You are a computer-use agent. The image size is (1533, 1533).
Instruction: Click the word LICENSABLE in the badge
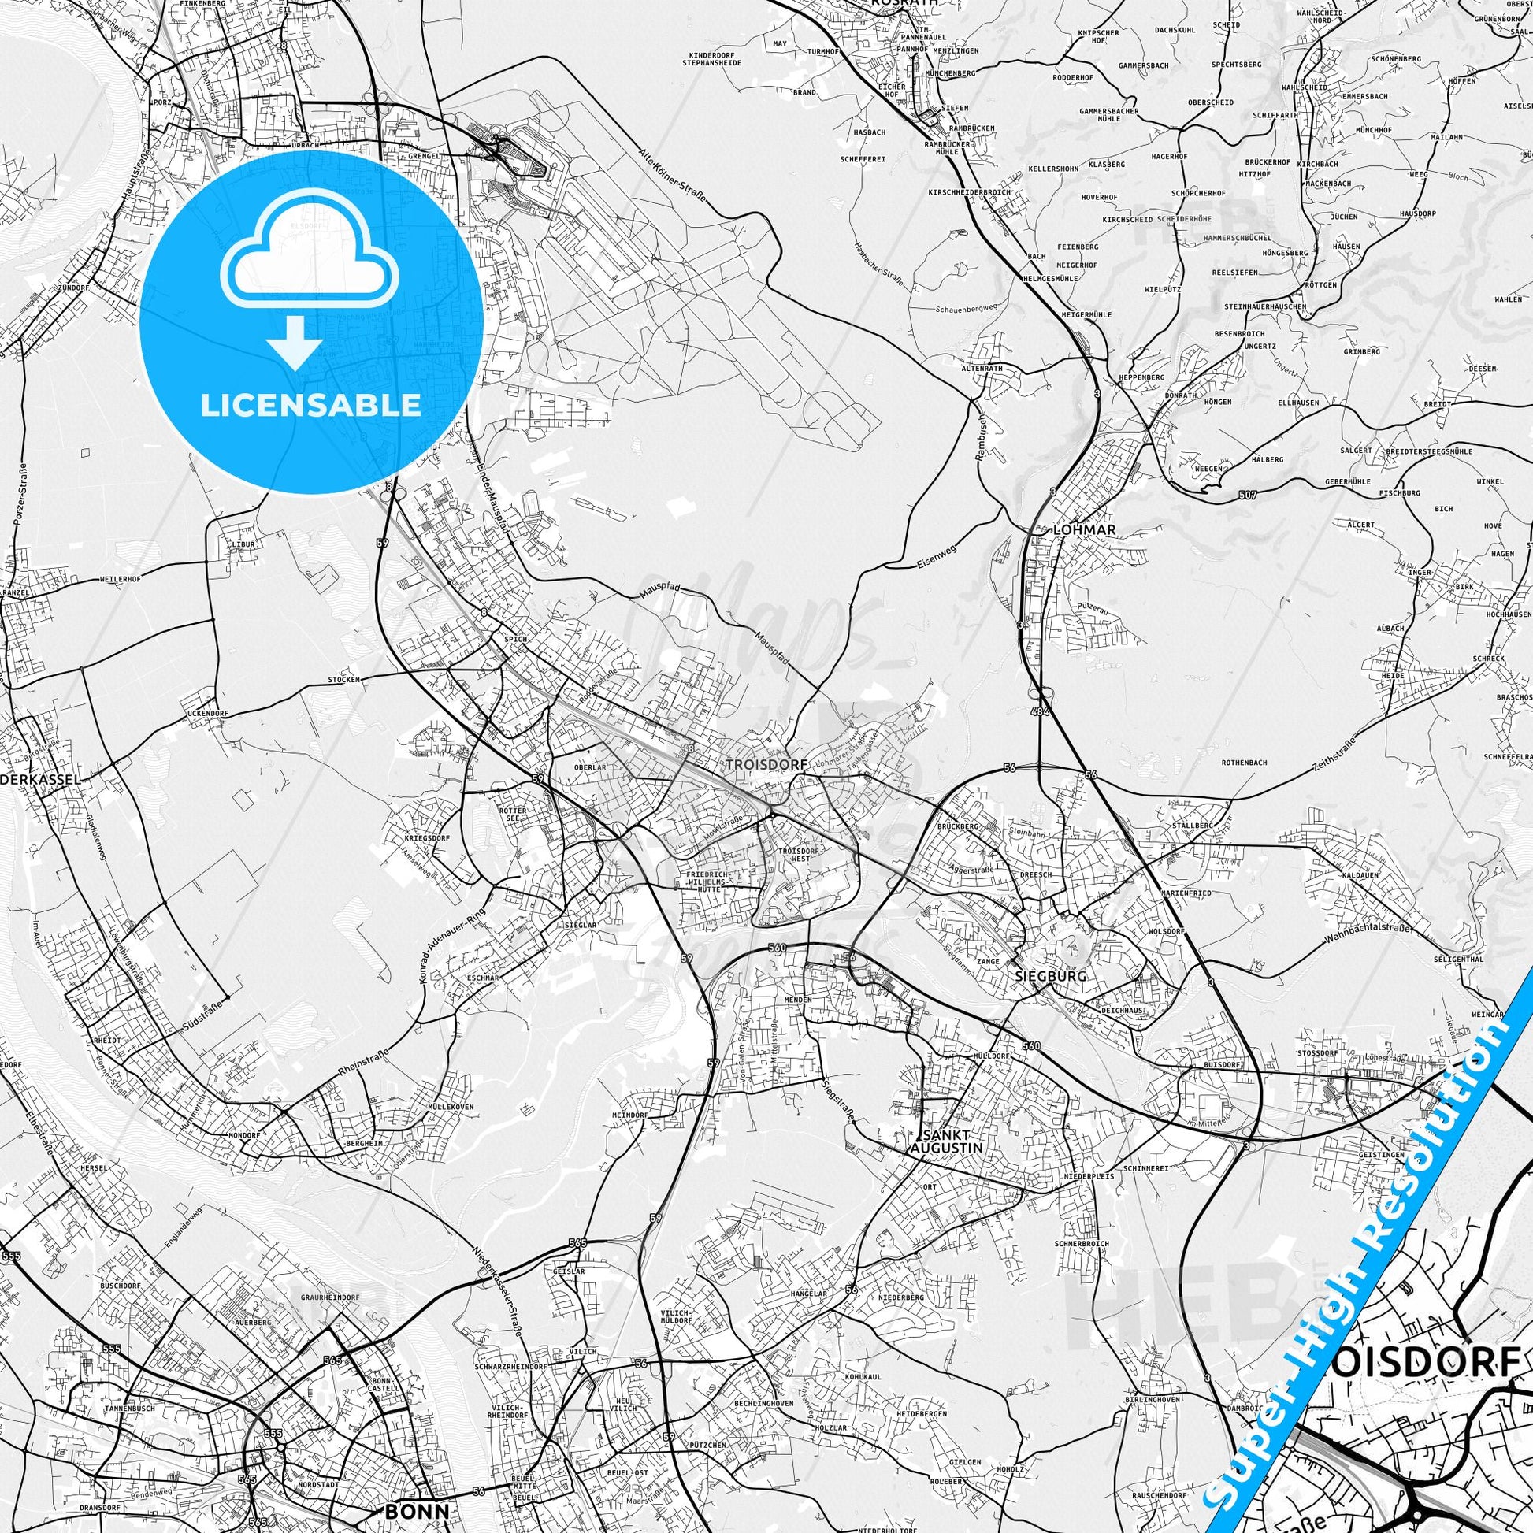[311, 406]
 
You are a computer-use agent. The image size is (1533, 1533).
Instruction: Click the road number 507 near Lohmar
[1247, 496]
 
